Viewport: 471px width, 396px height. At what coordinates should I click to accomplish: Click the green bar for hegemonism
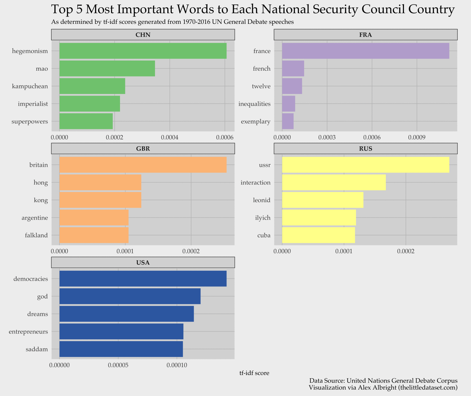tap(143, 51)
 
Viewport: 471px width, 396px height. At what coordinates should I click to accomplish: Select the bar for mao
tap(107, 68)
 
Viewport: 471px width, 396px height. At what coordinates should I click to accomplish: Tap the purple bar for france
tap(366, 51)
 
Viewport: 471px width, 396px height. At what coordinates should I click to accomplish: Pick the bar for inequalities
tap(288, 104)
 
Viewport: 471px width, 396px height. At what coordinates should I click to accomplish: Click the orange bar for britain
tap(143, 165)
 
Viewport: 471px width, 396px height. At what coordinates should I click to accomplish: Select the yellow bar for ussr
tap(366, 165)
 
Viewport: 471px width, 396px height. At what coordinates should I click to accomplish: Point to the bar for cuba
tap(318, 235)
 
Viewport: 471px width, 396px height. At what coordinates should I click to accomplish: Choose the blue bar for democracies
tap(143, 279)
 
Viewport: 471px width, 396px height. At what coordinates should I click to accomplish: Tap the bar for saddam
tap(121, 349)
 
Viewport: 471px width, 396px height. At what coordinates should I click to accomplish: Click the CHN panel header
tap(143, 35)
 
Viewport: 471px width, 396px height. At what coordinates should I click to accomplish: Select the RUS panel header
tap(366, 149)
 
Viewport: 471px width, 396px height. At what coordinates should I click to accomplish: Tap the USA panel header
tap(143, 263)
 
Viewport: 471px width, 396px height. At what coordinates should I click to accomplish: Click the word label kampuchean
tap(30, 86)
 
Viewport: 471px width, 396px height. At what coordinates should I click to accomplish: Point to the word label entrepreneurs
tap(28, 332)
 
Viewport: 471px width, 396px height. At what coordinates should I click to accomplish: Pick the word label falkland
tap(36, 235)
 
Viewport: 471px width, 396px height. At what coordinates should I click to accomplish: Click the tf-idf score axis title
tap(254, 373)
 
